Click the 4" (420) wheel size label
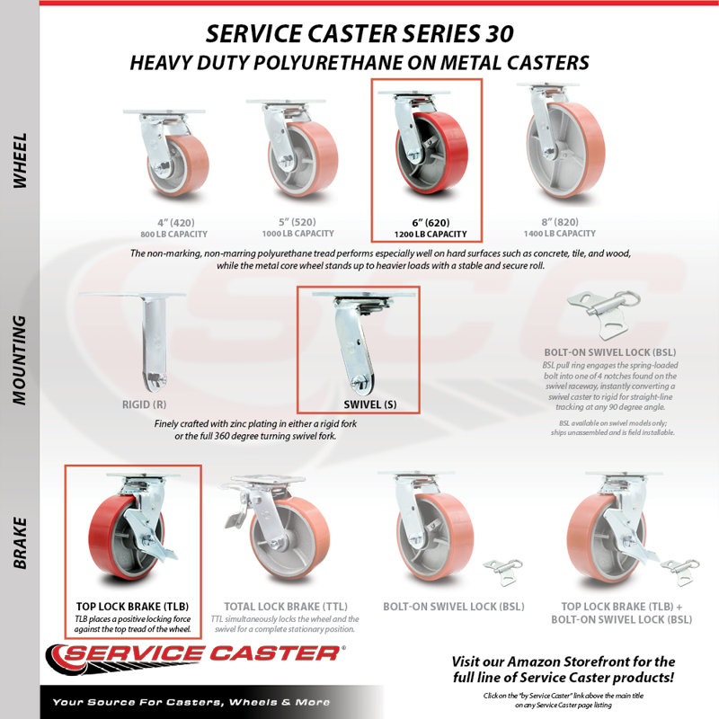[175, 223]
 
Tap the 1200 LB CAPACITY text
[431, 235]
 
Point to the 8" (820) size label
[560, 222]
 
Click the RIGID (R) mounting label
[144, 404]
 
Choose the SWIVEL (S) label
[370, 404]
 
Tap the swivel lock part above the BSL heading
[603, 314]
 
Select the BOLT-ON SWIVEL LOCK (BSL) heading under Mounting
[610, 352]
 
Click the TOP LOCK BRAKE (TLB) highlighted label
[132, 606]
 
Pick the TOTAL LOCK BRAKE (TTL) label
[286, 606]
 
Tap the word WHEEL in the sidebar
[20, 161]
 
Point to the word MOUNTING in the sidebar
[20, 360]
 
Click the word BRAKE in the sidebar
[20, 544]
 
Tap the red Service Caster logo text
[201, 654]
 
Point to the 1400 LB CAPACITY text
[560, 234]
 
